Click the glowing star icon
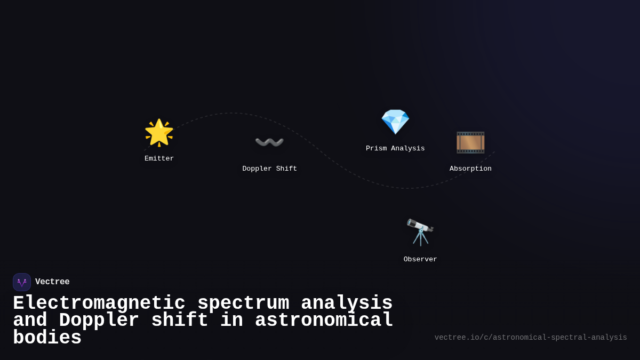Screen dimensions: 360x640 tap(159, 133)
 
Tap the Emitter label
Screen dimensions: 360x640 tap(159, 158)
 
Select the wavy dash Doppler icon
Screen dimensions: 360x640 tap(269, 142)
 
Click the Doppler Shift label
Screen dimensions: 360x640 tap(269, 169)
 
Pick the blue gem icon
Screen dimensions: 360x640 tap(395, 122)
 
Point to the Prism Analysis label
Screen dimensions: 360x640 tap(395, 148)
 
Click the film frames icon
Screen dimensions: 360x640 tap(470, 142)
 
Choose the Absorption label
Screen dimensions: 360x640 tap(470, 169)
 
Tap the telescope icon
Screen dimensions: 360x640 tap(420, 232)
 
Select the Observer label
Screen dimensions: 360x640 tap(420, 259)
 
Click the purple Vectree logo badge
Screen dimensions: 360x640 tap(22, 282)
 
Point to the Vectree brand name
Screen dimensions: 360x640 tap(52, 282)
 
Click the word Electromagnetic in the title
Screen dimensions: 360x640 tap(99, 303)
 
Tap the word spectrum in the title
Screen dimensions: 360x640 tap(243, 303)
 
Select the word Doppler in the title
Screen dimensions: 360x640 tap(99, 321)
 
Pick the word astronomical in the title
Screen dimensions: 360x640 tap(324, 321)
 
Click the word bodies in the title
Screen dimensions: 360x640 tap(47, 338)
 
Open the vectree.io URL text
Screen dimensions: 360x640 tap(531, 338)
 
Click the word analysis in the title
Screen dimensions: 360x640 tap(347, 303)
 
